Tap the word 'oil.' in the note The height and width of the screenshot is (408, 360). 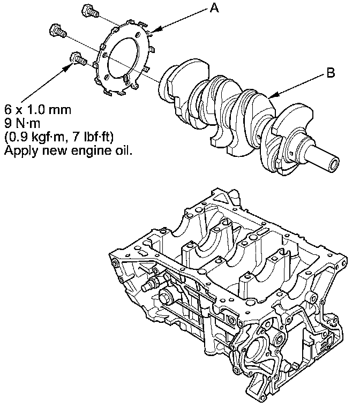coord(122,151)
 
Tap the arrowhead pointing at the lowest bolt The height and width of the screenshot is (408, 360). coord(69,67)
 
